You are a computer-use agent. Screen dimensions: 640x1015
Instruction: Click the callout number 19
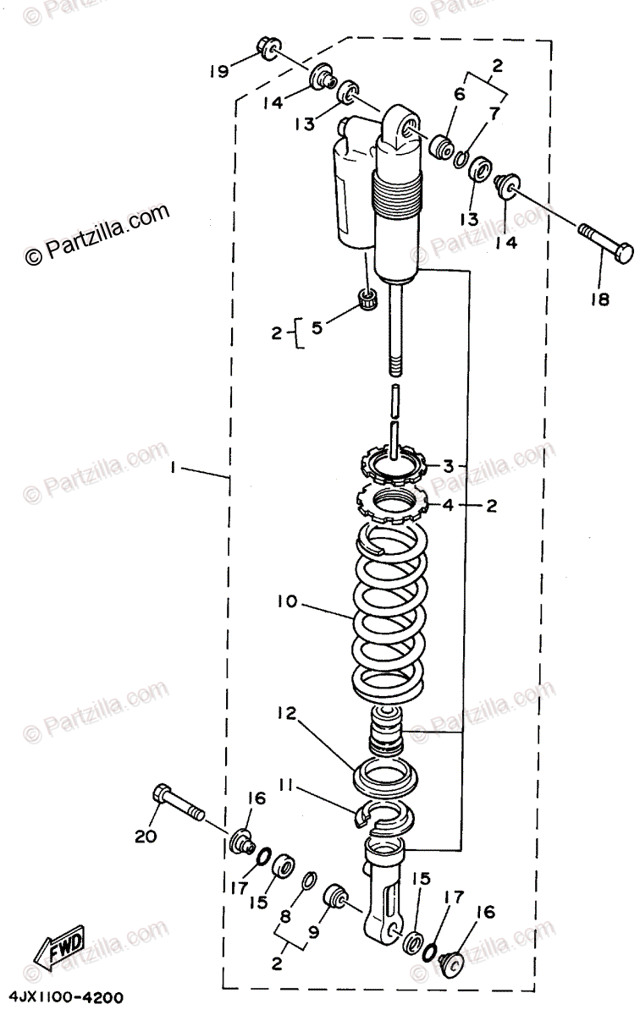pos(218,72)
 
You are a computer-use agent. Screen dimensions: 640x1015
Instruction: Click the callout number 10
pos(286,603)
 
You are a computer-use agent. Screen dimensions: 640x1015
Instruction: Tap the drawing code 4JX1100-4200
pos(63,997)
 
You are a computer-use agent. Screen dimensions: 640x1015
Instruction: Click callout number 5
pos(316,328)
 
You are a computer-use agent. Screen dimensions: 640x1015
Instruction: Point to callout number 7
pos(493,112)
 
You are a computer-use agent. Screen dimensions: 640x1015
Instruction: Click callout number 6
pos(459,95)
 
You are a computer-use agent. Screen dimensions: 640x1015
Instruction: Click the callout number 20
pos(146,837)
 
